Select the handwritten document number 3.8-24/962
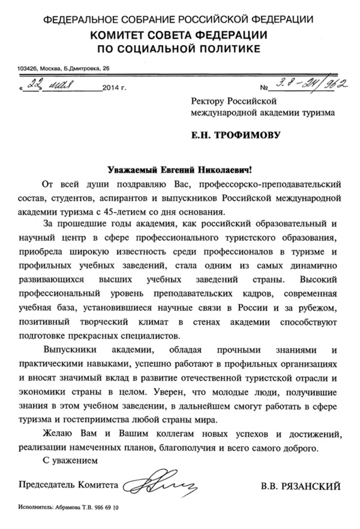coord(307,84)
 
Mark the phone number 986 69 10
coord(107,508)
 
